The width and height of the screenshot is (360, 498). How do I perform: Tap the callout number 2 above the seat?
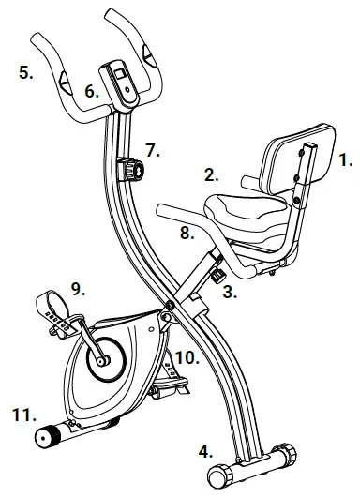(x=212, y=174)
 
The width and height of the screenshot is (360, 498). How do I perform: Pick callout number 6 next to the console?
(x=92, y=92)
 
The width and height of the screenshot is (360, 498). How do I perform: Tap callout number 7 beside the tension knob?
(x=153, y=149)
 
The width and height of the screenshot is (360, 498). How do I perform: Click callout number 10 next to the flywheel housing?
(x=187, y=356)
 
